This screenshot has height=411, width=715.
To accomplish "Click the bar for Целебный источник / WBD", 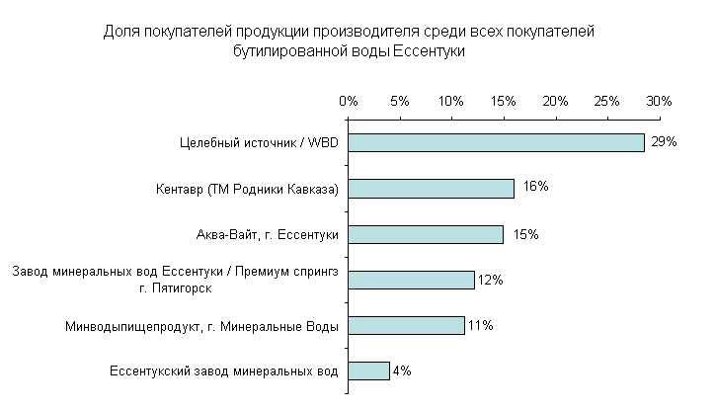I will tap(496, 142).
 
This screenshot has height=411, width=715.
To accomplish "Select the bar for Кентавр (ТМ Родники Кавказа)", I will tap(431, 189).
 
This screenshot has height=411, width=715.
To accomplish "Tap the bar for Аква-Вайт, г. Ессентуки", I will tap(426, 234).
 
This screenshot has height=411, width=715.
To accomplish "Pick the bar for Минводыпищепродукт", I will tap(406, 325).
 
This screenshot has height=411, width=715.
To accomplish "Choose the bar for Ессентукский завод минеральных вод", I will tap(368, 371).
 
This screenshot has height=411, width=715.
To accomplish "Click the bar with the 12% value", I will tap(411, 280).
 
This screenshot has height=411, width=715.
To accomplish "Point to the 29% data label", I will tap(664, 142).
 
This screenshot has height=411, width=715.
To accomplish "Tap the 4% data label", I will tap(401, 371).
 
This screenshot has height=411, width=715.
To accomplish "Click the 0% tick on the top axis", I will tap(348, 101).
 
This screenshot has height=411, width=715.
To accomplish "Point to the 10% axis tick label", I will tap(451, 101).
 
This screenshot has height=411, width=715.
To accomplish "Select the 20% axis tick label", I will tap(555, 101).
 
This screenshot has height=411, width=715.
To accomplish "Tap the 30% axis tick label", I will tap(659, 101).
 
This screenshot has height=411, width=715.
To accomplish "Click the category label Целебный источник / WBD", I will tap(259, 143).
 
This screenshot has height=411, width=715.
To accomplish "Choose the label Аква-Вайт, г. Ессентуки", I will tap(268, 235).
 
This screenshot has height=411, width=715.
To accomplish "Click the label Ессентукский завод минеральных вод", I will tap(222, 371).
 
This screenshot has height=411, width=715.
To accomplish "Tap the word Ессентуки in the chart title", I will tap(429, 51).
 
